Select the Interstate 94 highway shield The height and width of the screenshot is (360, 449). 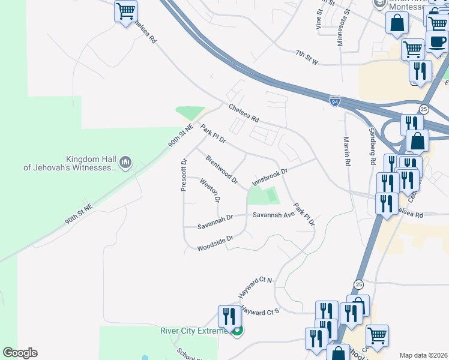334,102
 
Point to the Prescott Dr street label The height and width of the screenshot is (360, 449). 184,175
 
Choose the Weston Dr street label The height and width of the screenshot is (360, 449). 210,190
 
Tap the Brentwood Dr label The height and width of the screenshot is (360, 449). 222,170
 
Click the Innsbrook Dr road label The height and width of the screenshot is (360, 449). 271,176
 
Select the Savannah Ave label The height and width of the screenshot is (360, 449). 273,214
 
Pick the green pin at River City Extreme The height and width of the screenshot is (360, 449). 238,329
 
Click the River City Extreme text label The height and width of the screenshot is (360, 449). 194,331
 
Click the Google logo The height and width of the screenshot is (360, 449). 20,353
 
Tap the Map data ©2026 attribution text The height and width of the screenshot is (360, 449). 424,355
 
